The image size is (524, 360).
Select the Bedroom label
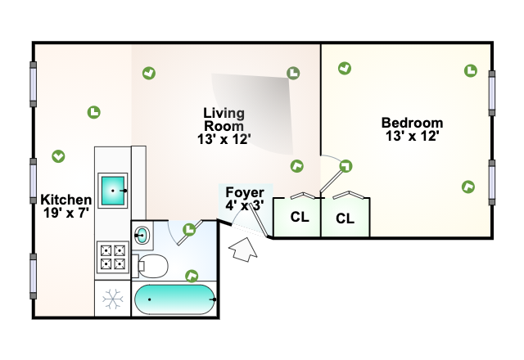point(412,129)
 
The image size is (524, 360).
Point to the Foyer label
point(245,199)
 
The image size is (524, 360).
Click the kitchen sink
point(113,190)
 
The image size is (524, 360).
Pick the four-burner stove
point(112,257)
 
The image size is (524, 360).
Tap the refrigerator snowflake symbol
point(112,299)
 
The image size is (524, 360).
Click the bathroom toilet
point(152,264)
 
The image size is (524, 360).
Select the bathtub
point(174,299)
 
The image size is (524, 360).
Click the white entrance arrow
point(244,249)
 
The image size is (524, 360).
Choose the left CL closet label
point(299,218)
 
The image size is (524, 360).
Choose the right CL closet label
point(345,218)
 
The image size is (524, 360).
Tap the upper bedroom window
point(493,92)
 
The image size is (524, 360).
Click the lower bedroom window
point(493,182)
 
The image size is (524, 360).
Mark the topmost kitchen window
point(34,84)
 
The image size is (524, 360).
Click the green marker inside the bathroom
point(192,276)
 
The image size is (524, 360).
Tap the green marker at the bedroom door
point(346,166)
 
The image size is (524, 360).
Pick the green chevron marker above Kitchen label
point(58,155)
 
